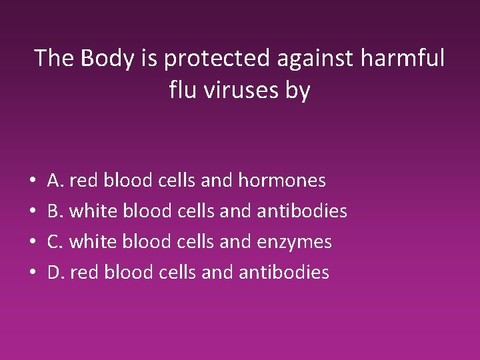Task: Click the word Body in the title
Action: pos(109,59)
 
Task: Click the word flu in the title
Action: pos(183,89)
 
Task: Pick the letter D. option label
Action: pos(56,272)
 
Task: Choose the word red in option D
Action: pos(81,272)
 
